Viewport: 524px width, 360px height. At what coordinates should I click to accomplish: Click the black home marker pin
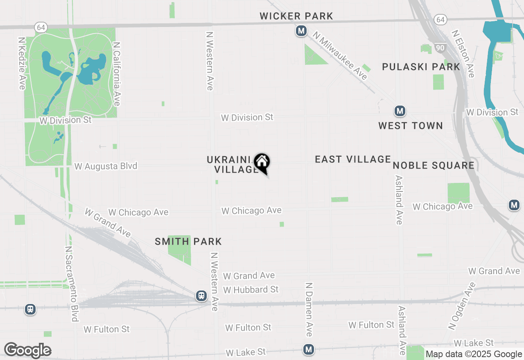[262, 163]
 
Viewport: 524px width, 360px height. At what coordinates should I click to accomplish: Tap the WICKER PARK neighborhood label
[296, 16]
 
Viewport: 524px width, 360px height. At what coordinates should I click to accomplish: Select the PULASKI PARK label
[421, 67]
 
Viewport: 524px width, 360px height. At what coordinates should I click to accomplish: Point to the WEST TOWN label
[411, 126]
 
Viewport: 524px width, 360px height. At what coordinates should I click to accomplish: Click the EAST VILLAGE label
[353, 159]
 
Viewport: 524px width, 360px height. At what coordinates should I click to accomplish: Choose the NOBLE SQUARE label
[434, 165]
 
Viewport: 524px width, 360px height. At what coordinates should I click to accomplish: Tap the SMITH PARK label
[188, 241]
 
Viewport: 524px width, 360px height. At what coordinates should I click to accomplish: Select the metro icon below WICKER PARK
[301, 31]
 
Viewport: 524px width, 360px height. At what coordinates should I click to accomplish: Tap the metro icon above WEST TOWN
[400, 111]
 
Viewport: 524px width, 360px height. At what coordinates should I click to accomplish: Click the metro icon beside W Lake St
[309, 349]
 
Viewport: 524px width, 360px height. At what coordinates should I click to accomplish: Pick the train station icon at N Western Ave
[201, 296]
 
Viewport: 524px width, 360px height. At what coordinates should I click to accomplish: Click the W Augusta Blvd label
[106, 166]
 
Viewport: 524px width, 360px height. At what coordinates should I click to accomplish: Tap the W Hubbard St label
[251, 290]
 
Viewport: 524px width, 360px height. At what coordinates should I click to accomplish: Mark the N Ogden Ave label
[462, 306]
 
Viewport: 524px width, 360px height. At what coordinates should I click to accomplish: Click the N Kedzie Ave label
[22, 63]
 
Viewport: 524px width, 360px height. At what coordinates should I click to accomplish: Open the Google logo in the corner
[28, 350]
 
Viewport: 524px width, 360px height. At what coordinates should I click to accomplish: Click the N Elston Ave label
[463, 53]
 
